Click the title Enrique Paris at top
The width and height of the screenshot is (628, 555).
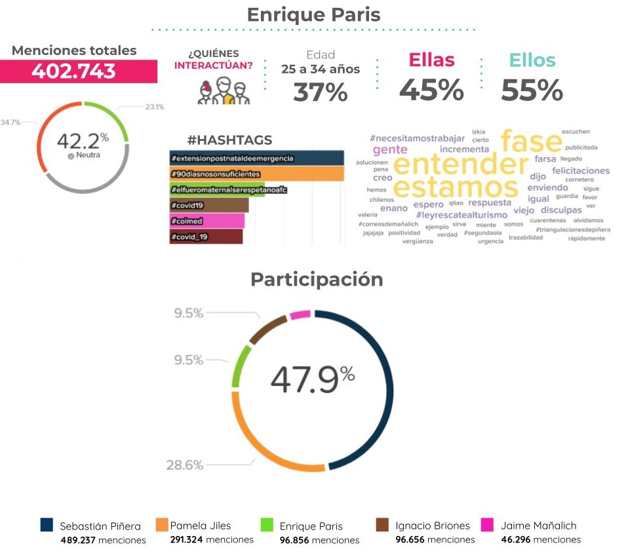(313, 14)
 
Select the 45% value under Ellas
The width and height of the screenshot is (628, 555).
(431, 90)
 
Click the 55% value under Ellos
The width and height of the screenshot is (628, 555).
(532, 90)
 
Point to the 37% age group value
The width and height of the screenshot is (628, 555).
(320, 92)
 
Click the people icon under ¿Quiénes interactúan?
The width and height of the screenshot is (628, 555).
(223, 91)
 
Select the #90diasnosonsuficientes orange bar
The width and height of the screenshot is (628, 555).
(256, 174)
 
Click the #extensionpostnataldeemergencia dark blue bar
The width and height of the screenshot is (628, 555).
(256, 159)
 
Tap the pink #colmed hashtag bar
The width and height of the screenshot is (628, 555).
(206, 221)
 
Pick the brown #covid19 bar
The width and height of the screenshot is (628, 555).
(208, 205)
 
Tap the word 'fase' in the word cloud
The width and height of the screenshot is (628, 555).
(531, 141)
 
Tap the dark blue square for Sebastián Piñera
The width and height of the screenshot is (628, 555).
(47, 526)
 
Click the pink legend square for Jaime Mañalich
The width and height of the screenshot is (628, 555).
(487, 526)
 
